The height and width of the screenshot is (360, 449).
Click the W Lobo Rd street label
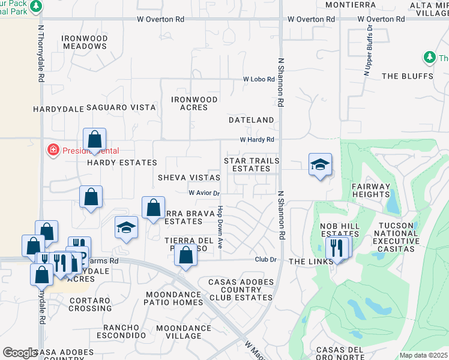pos(259,79)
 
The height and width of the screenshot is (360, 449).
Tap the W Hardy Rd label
pos(257,140)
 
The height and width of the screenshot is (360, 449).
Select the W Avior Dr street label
pos(205,193)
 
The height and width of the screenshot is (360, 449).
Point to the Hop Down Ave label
pos(220,228)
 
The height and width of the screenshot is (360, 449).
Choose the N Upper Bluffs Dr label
pos(368,50)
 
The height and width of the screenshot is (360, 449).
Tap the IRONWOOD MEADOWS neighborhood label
pos(85,42)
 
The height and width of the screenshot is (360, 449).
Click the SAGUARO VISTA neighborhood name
pos(121,107)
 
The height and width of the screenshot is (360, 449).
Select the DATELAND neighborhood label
pos(252,120)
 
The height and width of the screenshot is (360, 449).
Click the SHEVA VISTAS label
pos(189,178)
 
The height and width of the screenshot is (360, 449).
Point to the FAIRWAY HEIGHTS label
pos(372,190)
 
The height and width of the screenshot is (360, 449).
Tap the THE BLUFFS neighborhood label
pos(408,76)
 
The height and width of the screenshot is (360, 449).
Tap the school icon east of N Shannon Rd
pos(320,164)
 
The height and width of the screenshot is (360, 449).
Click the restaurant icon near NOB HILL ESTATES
pos(336,247)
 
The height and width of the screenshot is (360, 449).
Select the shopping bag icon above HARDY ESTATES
pos(95,139)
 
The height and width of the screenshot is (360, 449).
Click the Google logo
pos(20,353)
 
